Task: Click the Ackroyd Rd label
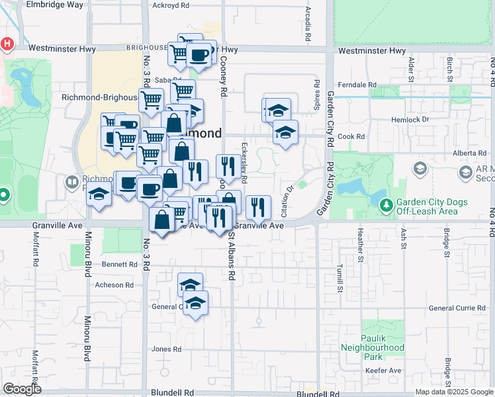170,5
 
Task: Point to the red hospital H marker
7,44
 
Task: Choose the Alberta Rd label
471,153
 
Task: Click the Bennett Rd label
119,265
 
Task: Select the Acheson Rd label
114,285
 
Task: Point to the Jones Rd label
166,349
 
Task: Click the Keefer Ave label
386,370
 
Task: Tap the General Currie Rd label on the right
457,308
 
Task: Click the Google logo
22,388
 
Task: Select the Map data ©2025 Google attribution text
453,392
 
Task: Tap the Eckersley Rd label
245,156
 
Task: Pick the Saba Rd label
163,81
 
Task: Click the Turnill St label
339,276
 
